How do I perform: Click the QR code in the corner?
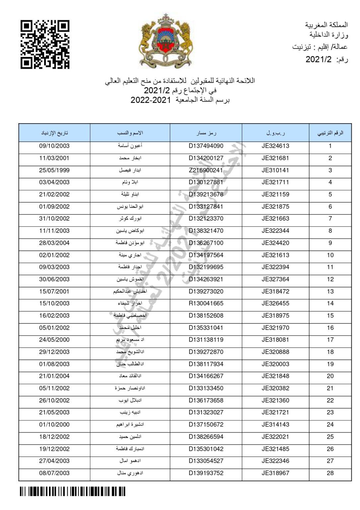tap(45, 44)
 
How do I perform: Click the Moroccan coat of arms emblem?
tap(166, 40)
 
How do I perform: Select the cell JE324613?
tap(275, 146)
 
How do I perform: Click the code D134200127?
tap(206, 158)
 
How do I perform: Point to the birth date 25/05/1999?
tap(54, 170)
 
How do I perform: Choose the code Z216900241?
tap(206, 170)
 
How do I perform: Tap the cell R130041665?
tap(206, 303)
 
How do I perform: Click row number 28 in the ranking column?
tap(330, 473)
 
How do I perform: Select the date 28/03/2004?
tap(54, 243)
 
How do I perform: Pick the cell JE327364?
tap(275, 279)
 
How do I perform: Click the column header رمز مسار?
tap(206, 133)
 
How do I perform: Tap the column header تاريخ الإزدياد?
tap(54, 133)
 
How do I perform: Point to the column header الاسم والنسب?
tap(130, 133)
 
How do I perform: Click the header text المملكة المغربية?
tap(326, 25)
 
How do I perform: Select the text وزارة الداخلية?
tap(329, 35)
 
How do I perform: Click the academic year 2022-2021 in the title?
tap(150, 100)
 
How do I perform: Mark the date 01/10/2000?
tap(54, 425)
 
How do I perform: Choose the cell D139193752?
tap(206, 473)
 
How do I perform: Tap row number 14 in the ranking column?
tap(330, 303)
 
